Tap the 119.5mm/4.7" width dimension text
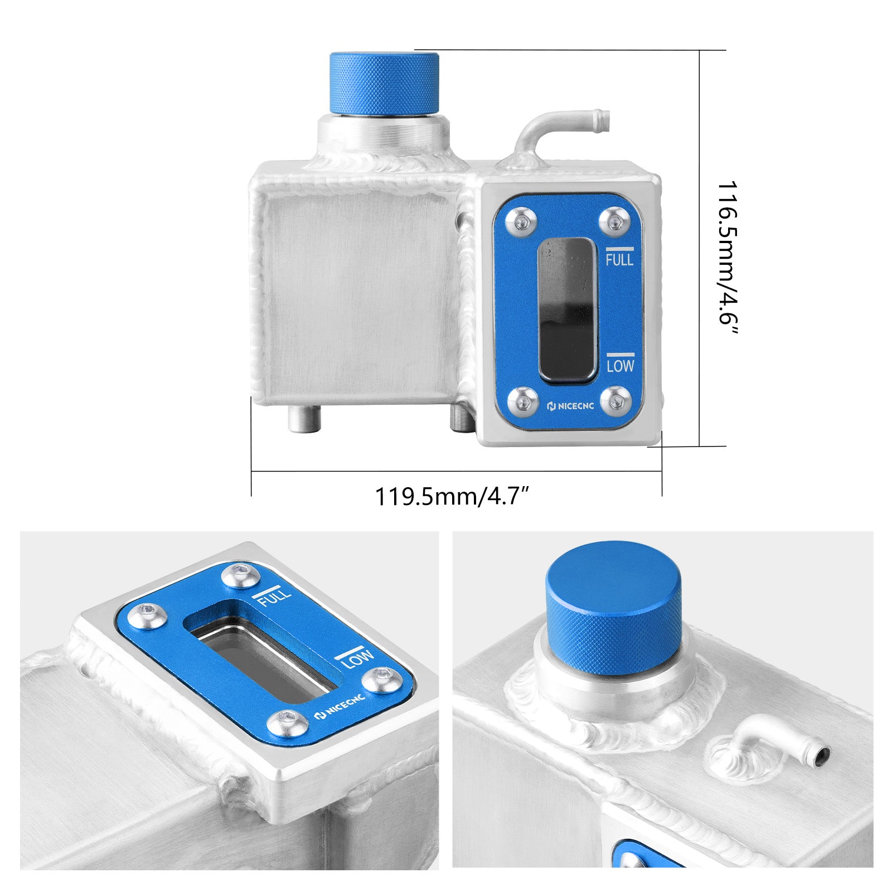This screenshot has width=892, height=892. coord(451,496)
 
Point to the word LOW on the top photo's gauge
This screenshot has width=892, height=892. coord(620,366)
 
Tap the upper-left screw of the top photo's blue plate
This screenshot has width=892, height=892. coord(521,222)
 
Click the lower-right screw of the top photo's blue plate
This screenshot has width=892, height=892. coord(616,400)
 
